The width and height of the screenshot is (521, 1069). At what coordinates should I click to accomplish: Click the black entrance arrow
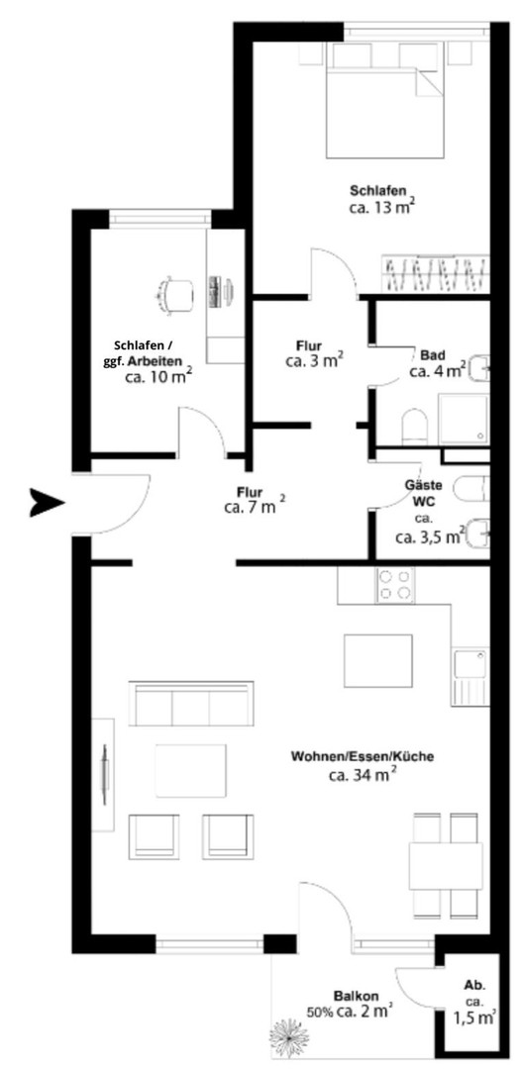46,503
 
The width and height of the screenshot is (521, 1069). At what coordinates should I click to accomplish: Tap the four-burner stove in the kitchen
394,585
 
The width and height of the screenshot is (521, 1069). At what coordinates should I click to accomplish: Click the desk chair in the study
175,291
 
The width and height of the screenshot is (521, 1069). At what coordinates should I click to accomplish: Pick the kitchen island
376,659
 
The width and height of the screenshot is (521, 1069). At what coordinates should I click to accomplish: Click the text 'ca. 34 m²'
362,775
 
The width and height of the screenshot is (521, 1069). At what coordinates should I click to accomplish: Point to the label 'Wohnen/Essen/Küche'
362,756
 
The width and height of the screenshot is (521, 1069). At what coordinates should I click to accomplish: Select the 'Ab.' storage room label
475,985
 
